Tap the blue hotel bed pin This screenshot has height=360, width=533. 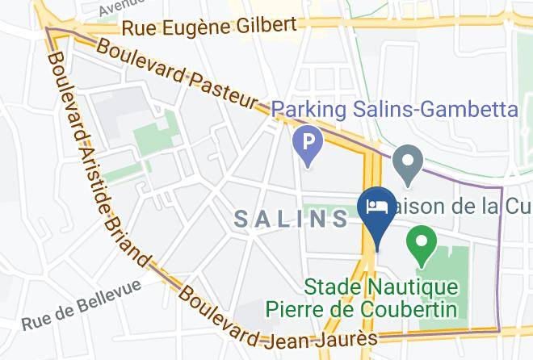(376, 207)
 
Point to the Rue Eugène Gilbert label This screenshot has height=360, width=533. (209, 27)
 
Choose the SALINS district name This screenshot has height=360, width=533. (292, 218)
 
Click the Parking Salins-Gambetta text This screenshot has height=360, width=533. (394, 108)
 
